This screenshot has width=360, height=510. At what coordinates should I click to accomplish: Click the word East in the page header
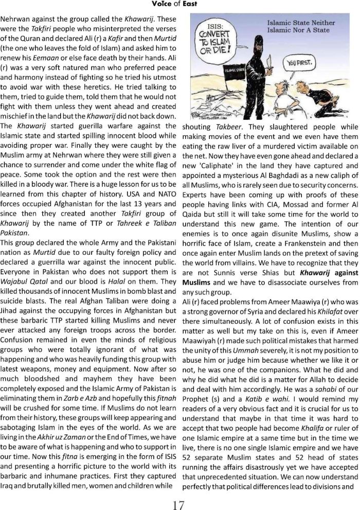[x=190, y=4]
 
